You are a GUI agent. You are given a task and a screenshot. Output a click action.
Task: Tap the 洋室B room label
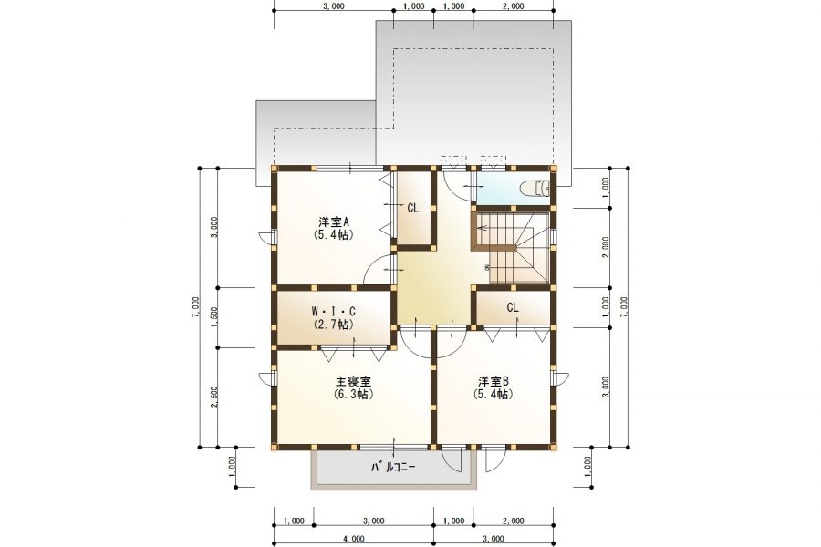(x=494, y=381)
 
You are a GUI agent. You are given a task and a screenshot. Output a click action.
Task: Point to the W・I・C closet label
(x=334, y=311)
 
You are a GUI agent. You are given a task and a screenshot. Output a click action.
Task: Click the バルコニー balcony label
(x=393, y=468)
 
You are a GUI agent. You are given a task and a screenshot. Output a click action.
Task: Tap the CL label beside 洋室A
(x=413, y=208)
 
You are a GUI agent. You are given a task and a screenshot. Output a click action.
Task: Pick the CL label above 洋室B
(x=513, y=308)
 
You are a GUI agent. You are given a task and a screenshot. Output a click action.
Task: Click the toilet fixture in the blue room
(x=534, y=189)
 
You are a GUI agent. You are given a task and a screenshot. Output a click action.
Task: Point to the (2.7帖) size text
(x=334, y=324)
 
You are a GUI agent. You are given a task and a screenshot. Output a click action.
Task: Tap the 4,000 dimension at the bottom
(x=354, y=539)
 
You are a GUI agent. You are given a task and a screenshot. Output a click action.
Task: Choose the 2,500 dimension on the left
(x=213, y=398)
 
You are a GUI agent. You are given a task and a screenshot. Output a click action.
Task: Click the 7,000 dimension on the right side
(x=624, y=308)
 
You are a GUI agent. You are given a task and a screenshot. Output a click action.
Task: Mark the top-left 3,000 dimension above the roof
(x=333, y=5)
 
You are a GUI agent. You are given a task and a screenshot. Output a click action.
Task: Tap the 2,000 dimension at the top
(x=513, y=5)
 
